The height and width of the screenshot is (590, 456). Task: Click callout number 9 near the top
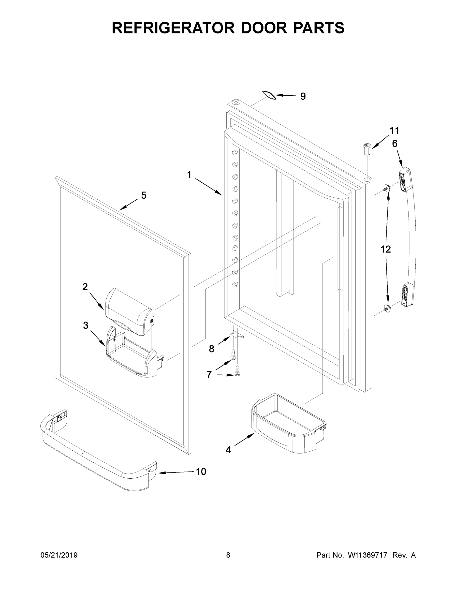pos(303,96)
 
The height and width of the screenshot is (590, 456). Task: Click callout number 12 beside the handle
pos(385,249)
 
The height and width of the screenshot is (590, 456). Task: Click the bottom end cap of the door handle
pos(407,295)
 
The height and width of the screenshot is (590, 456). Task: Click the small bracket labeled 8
pos(236,335)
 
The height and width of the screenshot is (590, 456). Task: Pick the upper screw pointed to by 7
pos(233,355)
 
